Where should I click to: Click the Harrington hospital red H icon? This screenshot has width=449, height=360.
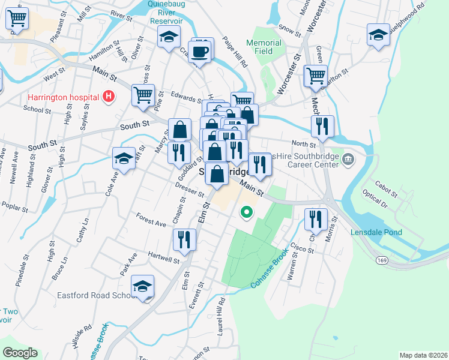click(x=109, y=96)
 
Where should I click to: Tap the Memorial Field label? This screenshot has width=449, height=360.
click(x=264, y=47)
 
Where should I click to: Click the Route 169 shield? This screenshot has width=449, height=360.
click(x=382, y=260)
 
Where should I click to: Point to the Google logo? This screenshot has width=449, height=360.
click(x=20, y=353)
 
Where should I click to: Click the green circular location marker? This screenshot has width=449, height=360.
click(x=246, y=212)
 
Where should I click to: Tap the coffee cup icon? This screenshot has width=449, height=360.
click(x=200, y=51)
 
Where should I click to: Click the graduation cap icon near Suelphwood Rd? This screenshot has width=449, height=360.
click(x=379, y=35)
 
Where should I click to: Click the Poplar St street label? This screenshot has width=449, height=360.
click(x=16, y=209)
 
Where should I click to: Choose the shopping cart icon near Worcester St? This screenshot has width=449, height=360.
click(x=315, y=76)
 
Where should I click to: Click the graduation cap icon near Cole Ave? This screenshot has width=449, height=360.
click(x=124, y=159)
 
